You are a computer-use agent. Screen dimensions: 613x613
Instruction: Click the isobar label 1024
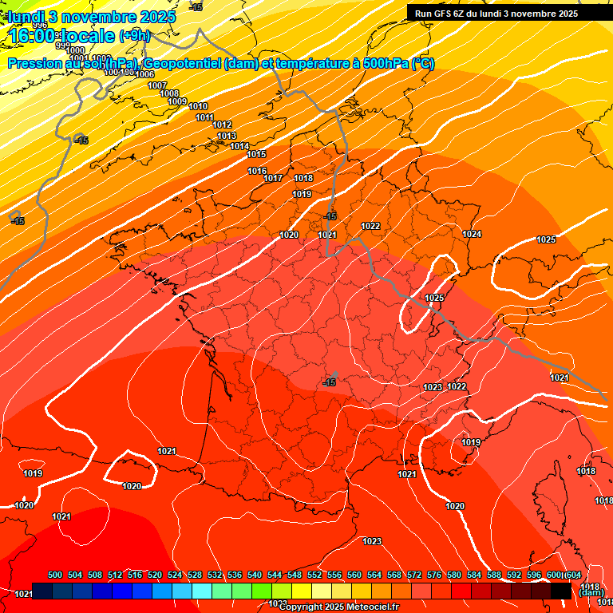click(x=472, y=234)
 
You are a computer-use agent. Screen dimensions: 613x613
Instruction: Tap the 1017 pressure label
click(x=274, y=178)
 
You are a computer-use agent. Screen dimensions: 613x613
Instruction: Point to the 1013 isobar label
click(x=227, y=136)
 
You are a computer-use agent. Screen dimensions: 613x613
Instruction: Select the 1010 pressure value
click(x=198, y=107)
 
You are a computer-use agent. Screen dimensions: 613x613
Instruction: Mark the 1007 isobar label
click(x=157, y=85)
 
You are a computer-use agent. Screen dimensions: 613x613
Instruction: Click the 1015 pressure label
click(x=256, y=154)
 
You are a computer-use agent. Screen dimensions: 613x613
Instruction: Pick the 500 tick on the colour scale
click(x=55, y=575)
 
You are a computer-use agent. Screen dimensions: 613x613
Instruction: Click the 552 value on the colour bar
click(x=314, y=575)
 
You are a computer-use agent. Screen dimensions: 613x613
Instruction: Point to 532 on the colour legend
click(x=215, y=575)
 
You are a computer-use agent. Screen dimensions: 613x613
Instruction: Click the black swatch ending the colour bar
click(x=560, y=590)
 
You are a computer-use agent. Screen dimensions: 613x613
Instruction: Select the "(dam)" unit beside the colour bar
click(x=591, y=592)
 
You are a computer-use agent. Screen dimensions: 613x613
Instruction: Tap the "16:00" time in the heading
click(x=34, y=36)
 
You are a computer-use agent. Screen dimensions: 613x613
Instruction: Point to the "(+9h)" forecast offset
click(x=134, y=36)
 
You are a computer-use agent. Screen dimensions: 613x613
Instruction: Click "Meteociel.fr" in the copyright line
click(x=371, y=607)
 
